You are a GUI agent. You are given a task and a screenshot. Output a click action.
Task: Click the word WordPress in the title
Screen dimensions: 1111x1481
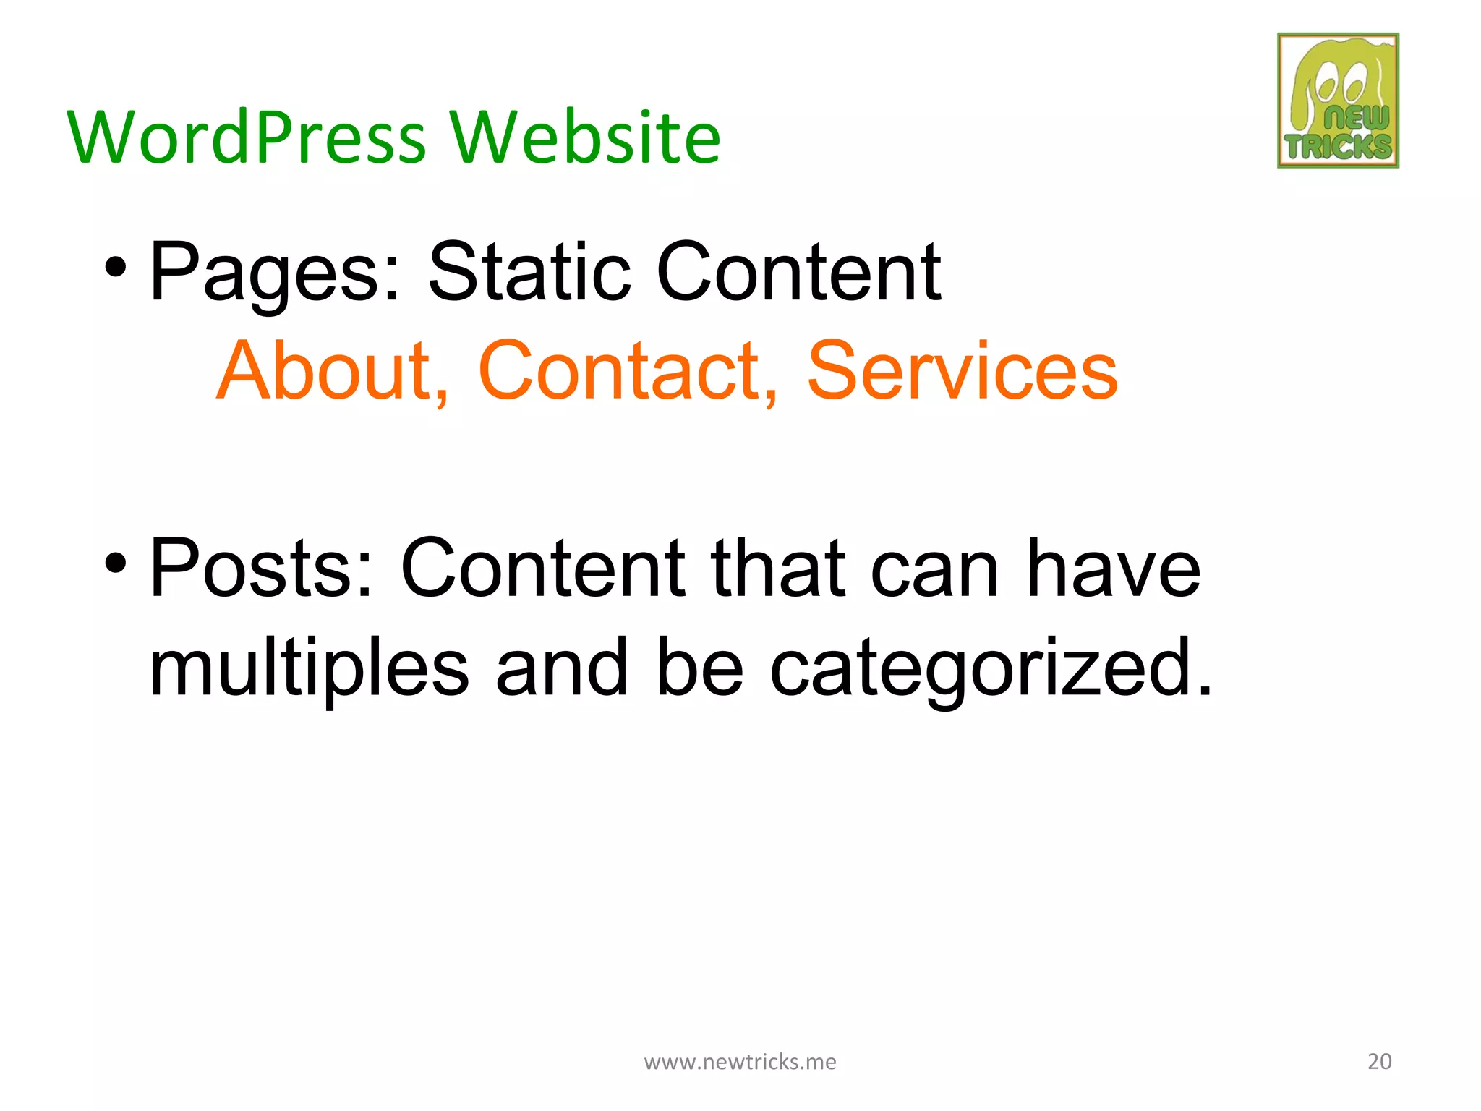click(247, 137)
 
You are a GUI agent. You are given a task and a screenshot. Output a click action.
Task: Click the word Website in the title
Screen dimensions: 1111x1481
click(585, 137)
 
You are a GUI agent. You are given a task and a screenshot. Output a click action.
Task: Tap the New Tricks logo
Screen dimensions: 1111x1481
click(1338, 101)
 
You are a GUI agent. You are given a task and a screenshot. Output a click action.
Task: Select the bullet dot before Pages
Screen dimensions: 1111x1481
click(116, 268)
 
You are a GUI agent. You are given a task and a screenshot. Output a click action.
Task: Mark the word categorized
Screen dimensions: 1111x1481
click(990, 669)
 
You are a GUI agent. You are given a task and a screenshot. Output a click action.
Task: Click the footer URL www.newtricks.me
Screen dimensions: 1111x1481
click(740, 1061)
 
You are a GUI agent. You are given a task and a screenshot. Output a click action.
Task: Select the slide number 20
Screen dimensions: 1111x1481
click(1379, 1061)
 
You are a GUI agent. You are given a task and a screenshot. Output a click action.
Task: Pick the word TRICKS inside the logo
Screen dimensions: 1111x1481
click(1338, 147)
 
